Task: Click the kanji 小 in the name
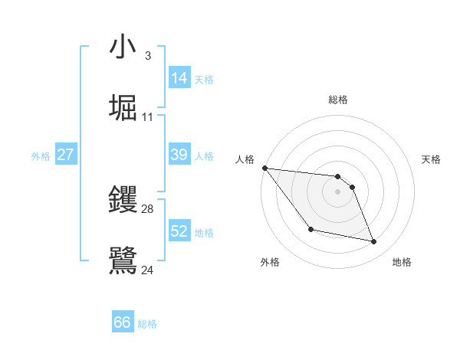click(123, 47)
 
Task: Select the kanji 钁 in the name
click(123, 200)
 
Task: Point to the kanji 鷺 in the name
click(123, 260)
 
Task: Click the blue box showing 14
click(179, 78)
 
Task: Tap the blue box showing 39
click(179, 155)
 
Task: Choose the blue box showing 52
click(179, 231)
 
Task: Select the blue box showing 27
click(66, 155)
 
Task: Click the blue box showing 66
click(123, 322)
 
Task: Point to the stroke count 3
click(147, 56)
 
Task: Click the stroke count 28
click(147, 209)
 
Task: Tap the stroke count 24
click(147, 270)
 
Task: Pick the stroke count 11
click(147, 116)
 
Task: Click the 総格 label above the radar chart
click(338, 100)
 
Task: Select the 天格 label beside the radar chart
click(431, 159)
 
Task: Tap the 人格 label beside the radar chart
click(245, 159)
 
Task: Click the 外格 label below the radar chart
click(270, 262)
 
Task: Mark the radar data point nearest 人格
click(264, 168)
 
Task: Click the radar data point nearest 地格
click(374, 242)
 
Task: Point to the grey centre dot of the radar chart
click(338, 191)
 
